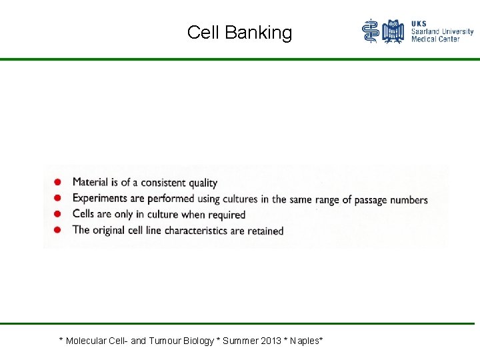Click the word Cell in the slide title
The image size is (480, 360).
pos(203,33)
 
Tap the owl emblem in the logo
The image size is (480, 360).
pos(393,31)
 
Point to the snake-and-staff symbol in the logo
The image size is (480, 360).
pos(371,31)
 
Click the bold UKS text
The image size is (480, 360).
pos(419,23)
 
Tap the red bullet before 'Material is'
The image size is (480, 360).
pos(59,182)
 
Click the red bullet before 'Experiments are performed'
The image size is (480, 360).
pos(59,198)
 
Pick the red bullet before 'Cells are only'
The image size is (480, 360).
pos(59,214)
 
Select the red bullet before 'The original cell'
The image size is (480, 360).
pos(59,230)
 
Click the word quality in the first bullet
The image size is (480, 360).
pos(203,183)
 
